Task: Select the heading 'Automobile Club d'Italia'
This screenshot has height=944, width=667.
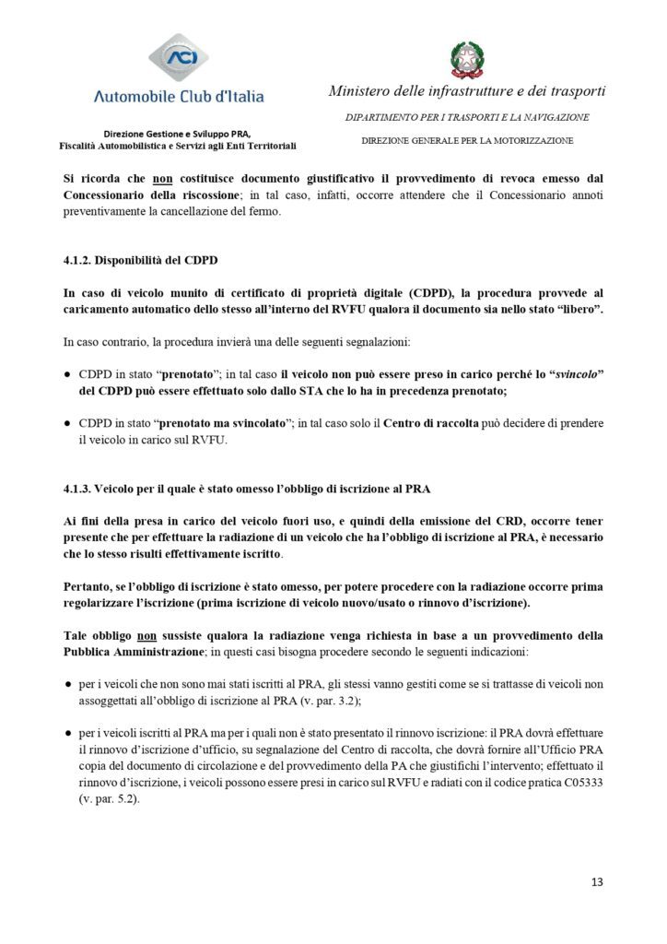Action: (179, 96)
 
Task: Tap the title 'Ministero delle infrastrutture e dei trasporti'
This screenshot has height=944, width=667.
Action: (467, 90)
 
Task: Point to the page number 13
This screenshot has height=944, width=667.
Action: (597, 882)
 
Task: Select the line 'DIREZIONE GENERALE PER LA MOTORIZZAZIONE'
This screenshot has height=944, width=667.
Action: (467, 140)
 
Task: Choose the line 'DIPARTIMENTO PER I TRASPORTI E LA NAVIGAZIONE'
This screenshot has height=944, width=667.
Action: (467, 117)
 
